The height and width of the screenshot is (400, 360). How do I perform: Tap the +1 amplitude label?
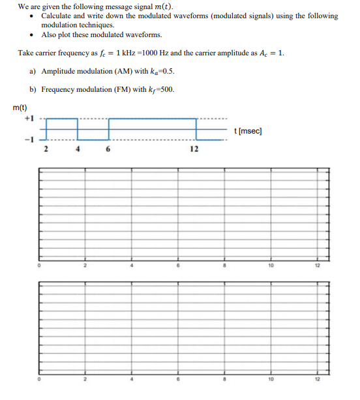[27, 119]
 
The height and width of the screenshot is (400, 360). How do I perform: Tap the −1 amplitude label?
[27, 138]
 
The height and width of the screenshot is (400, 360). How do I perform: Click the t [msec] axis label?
[247, 131]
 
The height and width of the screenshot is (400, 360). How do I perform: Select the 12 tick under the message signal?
[194, 150]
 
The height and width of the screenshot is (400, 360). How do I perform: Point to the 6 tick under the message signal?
[108, 150]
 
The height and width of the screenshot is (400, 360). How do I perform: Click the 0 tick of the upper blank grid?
[38, 266]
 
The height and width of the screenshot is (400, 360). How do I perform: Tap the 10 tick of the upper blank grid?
[270, 266]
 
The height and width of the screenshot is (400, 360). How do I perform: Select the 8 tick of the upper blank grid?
[224, 266]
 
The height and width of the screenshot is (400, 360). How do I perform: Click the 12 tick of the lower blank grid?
[316, 380]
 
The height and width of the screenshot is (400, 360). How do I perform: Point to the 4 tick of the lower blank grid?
[131, 380]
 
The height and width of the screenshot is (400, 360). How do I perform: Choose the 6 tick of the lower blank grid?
[178, 380]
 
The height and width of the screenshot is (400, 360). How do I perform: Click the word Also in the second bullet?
[48, 34]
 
